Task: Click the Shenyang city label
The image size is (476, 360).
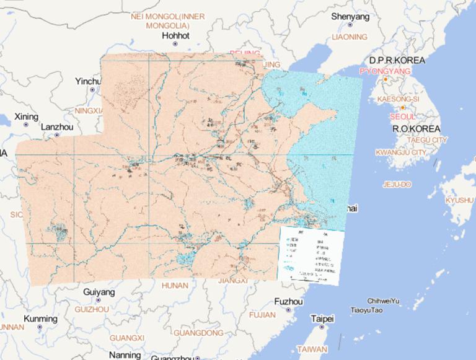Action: (350, 17)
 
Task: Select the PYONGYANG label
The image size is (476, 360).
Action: (385, 71)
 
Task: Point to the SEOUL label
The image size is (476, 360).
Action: (403, 116)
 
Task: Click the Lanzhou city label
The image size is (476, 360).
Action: (56, 126)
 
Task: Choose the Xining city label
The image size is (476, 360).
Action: (26, 116)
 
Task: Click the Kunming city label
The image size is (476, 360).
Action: (42, 319)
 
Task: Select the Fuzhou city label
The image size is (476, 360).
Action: (288, 302)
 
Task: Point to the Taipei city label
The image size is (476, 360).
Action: (322, 319)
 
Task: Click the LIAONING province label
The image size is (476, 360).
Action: (350, 37)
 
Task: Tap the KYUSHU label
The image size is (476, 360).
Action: (459, 200)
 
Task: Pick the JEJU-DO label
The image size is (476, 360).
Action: (397, 185)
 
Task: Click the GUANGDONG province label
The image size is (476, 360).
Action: (198, 333)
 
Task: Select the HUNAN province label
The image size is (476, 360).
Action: (174, 286)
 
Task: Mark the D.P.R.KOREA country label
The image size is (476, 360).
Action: (397, 60)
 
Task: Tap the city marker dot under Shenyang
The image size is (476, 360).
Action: (350, 25)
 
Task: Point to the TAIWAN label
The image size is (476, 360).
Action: (312, 349)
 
